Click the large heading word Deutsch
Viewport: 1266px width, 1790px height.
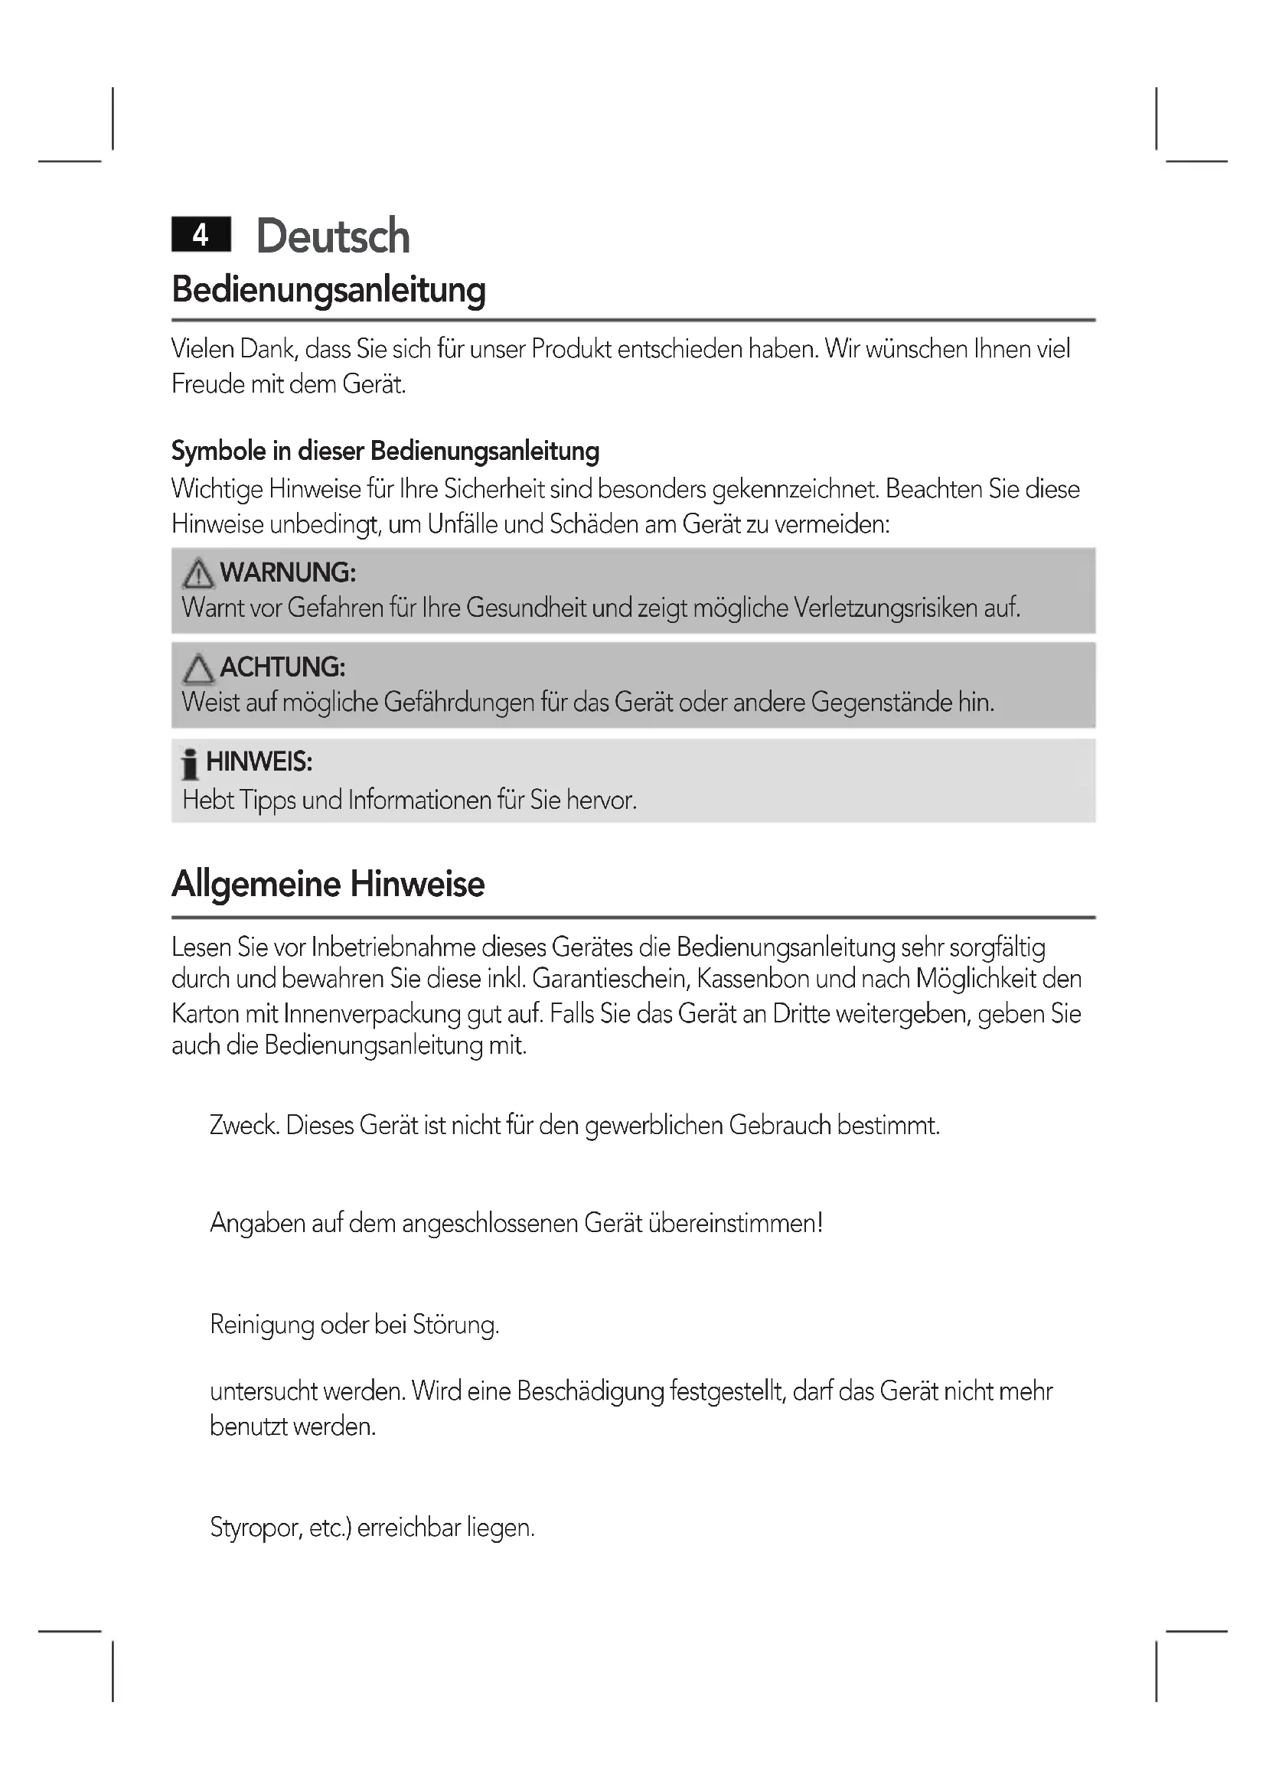click(x=333, y=236)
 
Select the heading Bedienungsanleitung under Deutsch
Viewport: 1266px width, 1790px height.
click(x=328, y=289)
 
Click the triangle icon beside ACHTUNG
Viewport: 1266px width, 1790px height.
click(x=198, y=668)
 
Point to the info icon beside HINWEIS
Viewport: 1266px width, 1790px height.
click(x=189, y=764)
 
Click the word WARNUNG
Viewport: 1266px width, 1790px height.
click(x=288, y=572)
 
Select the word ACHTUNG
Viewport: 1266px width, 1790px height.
click(x=282, y=667)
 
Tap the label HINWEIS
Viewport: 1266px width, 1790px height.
click(x=259, y=761)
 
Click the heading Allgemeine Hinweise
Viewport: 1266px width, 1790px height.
click(x=328, y=884)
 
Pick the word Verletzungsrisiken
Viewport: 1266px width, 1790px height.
click(x=886, y=608)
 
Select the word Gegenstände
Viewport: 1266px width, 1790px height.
click(x=881, y=703)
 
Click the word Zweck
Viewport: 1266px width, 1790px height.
click(x=244, y=1125)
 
